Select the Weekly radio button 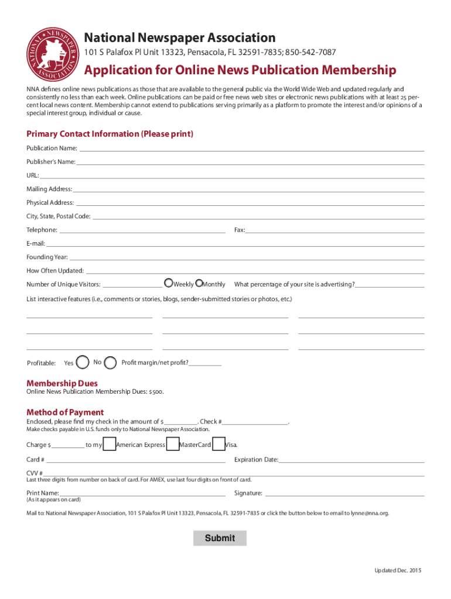(169, 284)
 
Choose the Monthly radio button (199, 284)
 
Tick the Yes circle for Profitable (83, 363)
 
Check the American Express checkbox (109, 445)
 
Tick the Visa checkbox (219, 445)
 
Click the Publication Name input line (252, 149)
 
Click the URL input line (232, 175)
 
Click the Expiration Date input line (351, 460)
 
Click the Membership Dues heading (62, 383)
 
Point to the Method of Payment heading (65, 412)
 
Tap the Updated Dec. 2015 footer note (398, 570)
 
